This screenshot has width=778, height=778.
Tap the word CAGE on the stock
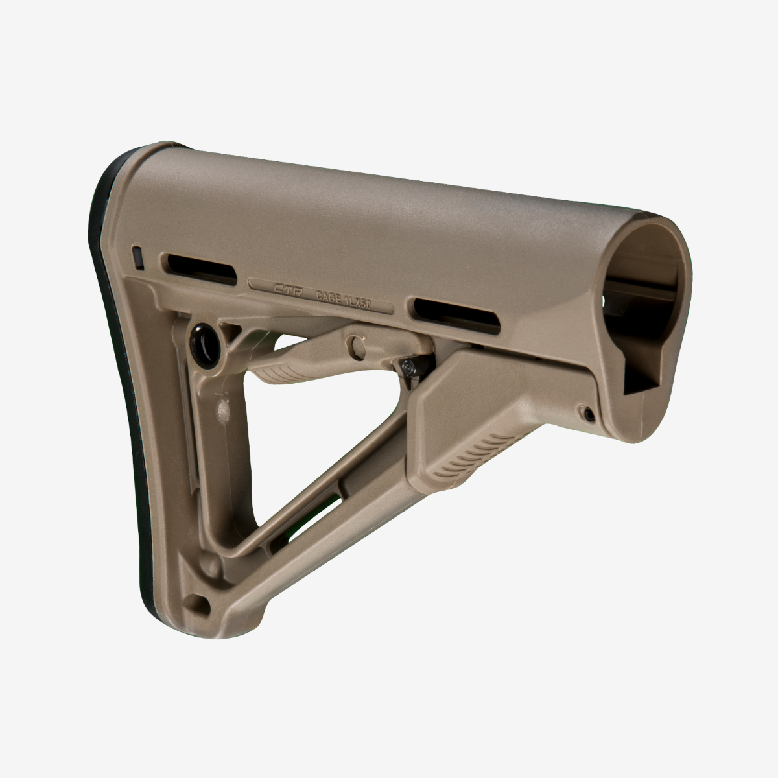[329, 297]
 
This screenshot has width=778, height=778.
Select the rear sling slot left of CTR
[201, 266]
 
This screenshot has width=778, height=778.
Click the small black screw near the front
[586, 412]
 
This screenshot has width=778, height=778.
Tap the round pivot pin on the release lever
[355, 343]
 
